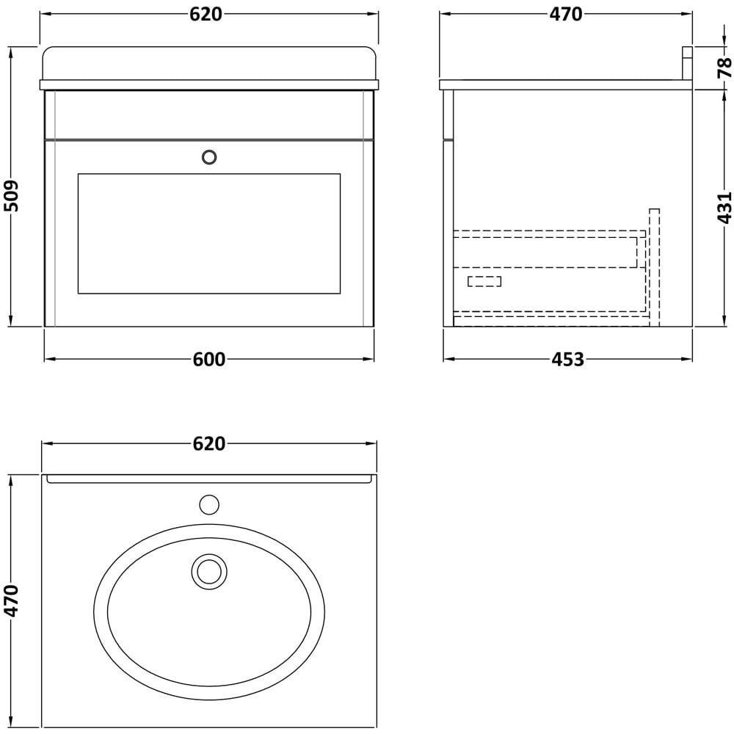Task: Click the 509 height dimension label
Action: pyautogui.click(x=12, y=196)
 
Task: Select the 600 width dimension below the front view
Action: pyautogui.click(x=209, y=360)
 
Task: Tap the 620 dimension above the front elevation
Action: pyautogui.click(x=206, y=15)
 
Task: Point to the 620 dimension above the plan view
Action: pyautogui.click(x=209, y=444)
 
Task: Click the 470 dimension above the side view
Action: pyautogui.click(x=566, y=15)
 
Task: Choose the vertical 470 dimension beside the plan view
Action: pyautogui.click(x=12, y=600)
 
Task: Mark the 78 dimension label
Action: pyautogui.click(x=724, y=68)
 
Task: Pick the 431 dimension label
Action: pyautogui.click(x=724, y=207)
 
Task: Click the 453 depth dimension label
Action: pyautogui.click(x=568, y=360)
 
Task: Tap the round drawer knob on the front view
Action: pyautogui.click(x=209, y=156)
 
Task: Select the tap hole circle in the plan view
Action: pyautogui.click(x=209, y=505)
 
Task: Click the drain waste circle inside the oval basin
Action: pyautogui.click(x=209, y=571)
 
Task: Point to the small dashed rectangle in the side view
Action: pyautogui.click(x=484, y=281)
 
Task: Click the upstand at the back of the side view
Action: pyautogui.click(x=687, y=63)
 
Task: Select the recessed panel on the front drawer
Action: pyautogui.click(x=209, y=233)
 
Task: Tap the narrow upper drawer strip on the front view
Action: pyautogui.click(x=209, y=115)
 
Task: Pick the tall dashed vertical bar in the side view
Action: pyautogui.click(x=654, y=266)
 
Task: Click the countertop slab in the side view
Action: pyautogui.click(x=565, y=85)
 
